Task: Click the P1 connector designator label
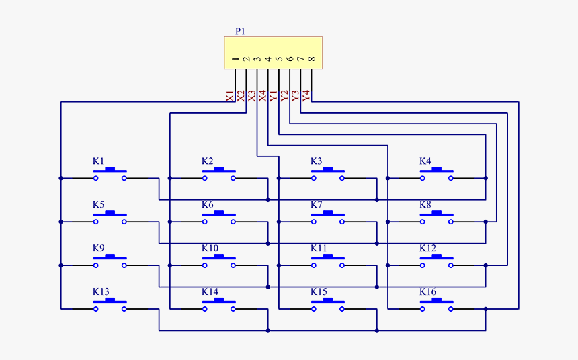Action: coord(240,31)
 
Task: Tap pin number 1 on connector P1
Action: coord(235,60)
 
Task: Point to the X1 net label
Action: coord(231,96)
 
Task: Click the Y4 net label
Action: coord(306,96)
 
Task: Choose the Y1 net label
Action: coord(274,96)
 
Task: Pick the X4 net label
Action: coord(263,96)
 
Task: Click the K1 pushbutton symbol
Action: coord(110,175)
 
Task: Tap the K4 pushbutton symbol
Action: coord(437,175)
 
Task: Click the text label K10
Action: coord(210,249)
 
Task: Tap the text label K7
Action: coord(317,205)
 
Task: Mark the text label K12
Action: coord(427,249)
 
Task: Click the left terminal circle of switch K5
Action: coord(96,222)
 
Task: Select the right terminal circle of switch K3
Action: coord(342,178)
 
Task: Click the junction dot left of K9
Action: coord(61,265)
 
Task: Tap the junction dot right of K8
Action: coord(485,222)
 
